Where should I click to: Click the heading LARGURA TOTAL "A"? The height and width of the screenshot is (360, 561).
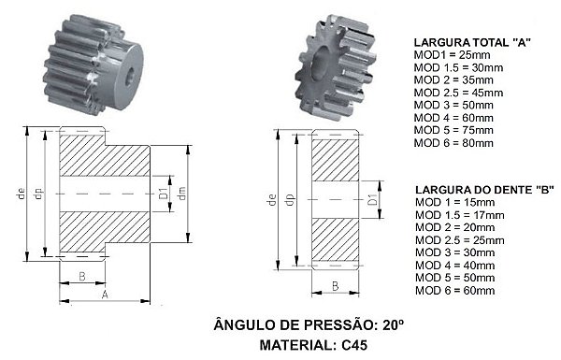[x=472, y=43]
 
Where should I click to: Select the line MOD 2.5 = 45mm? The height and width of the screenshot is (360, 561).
[x=458, y=93]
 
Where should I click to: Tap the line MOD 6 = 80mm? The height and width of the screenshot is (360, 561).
[x=453, y=143]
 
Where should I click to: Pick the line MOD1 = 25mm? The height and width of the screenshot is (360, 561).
[x=452, y=55]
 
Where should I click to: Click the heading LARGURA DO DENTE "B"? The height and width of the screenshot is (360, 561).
[x=484, y=190]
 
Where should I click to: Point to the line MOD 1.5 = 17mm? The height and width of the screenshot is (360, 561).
[x=460, y=215]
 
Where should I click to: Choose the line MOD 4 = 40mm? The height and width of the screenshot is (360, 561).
[x=455, y=266]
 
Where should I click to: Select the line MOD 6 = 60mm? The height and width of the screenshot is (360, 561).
[x=455, y=290]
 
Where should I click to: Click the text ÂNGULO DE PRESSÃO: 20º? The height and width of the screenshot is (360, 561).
[x=309, y=324]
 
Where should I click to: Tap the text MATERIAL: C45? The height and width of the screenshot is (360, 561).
[x=313, y=345]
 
